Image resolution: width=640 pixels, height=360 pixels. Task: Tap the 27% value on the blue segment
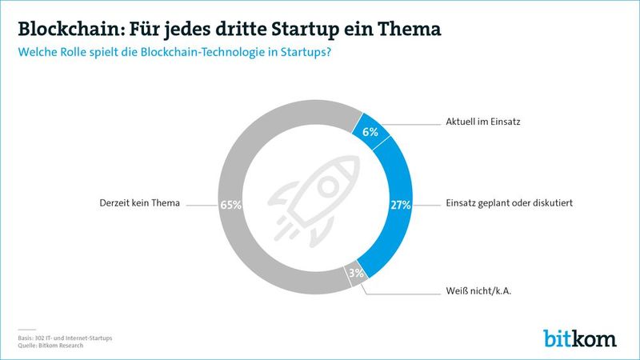click(x=401, y=205)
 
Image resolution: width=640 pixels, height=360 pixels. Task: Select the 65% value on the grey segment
click(x=230, y=205)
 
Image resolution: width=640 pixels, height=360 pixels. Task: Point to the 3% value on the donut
click(x=356, y=273)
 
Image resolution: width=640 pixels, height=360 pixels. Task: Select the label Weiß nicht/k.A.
click(x=478, y=291)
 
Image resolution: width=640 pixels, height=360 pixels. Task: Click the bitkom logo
click(x=580, y=337)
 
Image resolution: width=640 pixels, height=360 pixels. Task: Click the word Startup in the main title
click(x=324, y=30)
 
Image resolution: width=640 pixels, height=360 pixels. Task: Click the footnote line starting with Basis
click(x=66, y=338)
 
